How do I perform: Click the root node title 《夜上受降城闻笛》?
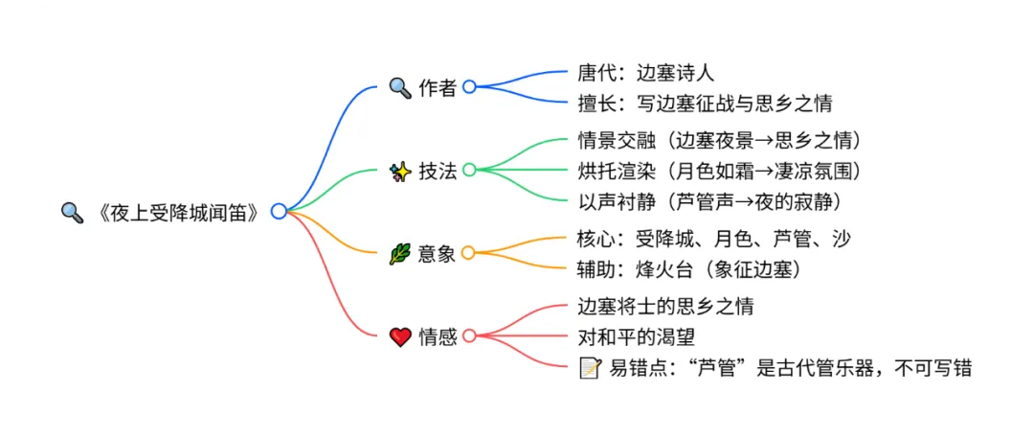coord(178,212)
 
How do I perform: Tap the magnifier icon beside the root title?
coord(72,212)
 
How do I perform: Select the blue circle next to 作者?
coord(469,86)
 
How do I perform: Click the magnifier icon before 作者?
coord(399,86)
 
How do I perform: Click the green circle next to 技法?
coord(469,171)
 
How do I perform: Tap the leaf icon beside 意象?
coord(399,254)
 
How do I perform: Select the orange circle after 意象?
coord(468,253)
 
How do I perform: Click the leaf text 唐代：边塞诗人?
coord(647,72)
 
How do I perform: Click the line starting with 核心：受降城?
coord(714,239)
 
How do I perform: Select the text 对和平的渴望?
coord(637,336)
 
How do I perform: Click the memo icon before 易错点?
coord(590,367)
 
